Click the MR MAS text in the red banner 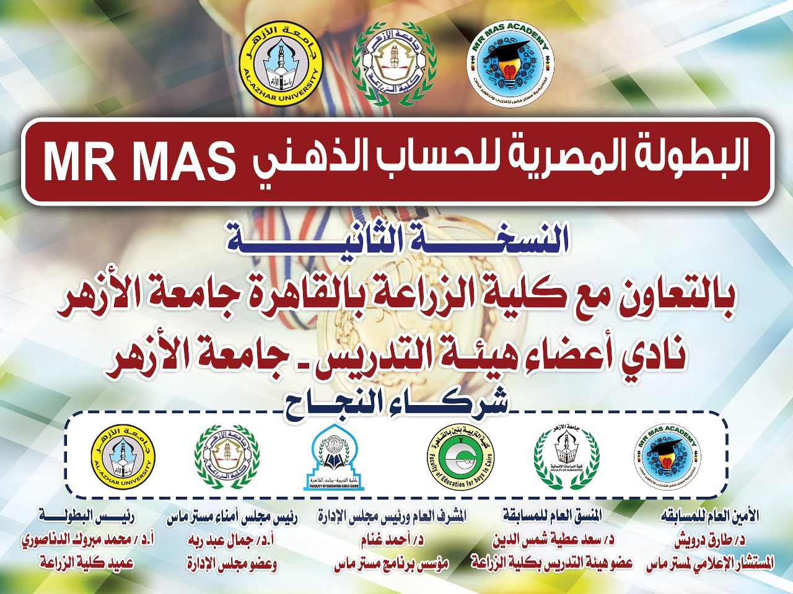(x=139, y=162)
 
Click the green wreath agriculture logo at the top (x=394, y=64)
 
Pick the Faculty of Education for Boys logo (x=462, y=457)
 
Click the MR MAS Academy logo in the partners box (x=667, y=457)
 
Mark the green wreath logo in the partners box (x=227, y=456)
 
